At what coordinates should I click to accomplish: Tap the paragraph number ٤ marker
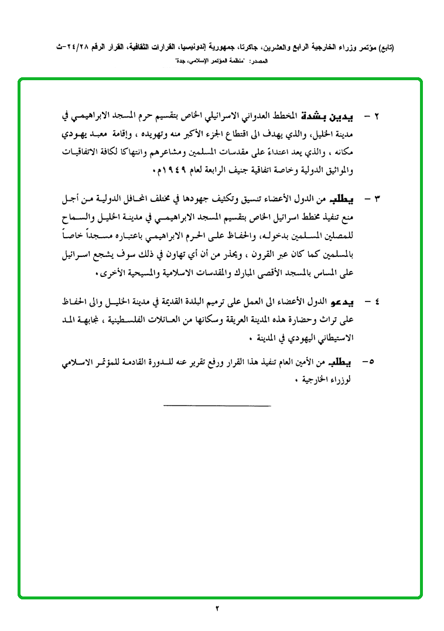click(x=376, y=302)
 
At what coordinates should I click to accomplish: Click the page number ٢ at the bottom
click(x=218, y=609)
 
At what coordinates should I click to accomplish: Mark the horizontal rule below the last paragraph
click(x=217, y=406)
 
